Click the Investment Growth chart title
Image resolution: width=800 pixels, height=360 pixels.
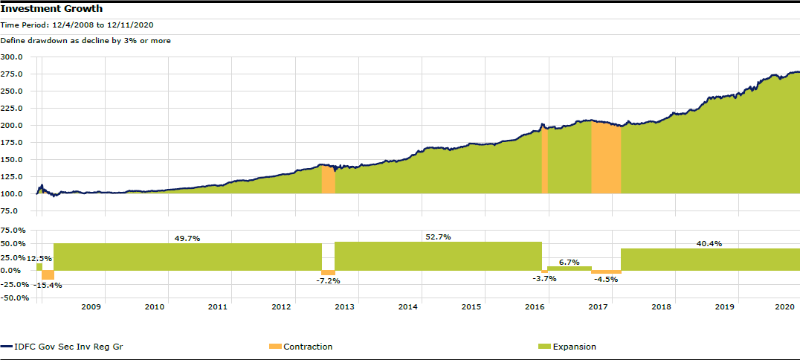click(52, 9)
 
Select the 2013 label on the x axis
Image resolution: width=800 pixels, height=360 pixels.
click(345, 306)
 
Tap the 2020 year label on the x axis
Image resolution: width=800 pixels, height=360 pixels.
click(786, 306)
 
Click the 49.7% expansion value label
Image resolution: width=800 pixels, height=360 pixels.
click(187, 238)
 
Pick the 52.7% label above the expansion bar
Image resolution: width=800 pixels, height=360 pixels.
click(438, 237)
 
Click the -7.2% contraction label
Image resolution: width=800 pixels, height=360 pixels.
click(328, 280)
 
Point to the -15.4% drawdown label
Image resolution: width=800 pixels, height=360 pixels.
click(49, 285)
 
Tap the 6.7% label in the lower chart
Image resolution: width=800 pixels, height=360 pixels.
click(569, 262)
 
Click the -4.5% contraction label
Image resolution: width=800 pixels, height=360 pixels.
click(607, 280)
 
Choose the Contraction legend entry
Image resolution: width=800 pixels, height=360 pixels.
click(308, 347)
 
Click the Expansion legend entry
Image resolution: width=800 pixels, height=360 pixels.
click(574, 347)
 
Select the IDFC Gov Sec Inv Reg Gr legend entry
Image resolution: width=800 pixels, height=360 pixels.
click(65, 347)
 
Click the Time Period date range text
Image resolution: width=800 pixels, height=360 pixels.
click(77, 25)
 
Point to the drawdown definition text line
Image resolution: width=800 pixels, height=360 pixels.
click(86, 41)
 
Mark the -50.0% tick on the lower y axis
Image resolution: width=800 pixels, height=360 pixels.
click(14, 298)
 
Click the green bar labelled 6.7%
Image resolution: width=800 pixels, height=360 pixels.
click(570, 269)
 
